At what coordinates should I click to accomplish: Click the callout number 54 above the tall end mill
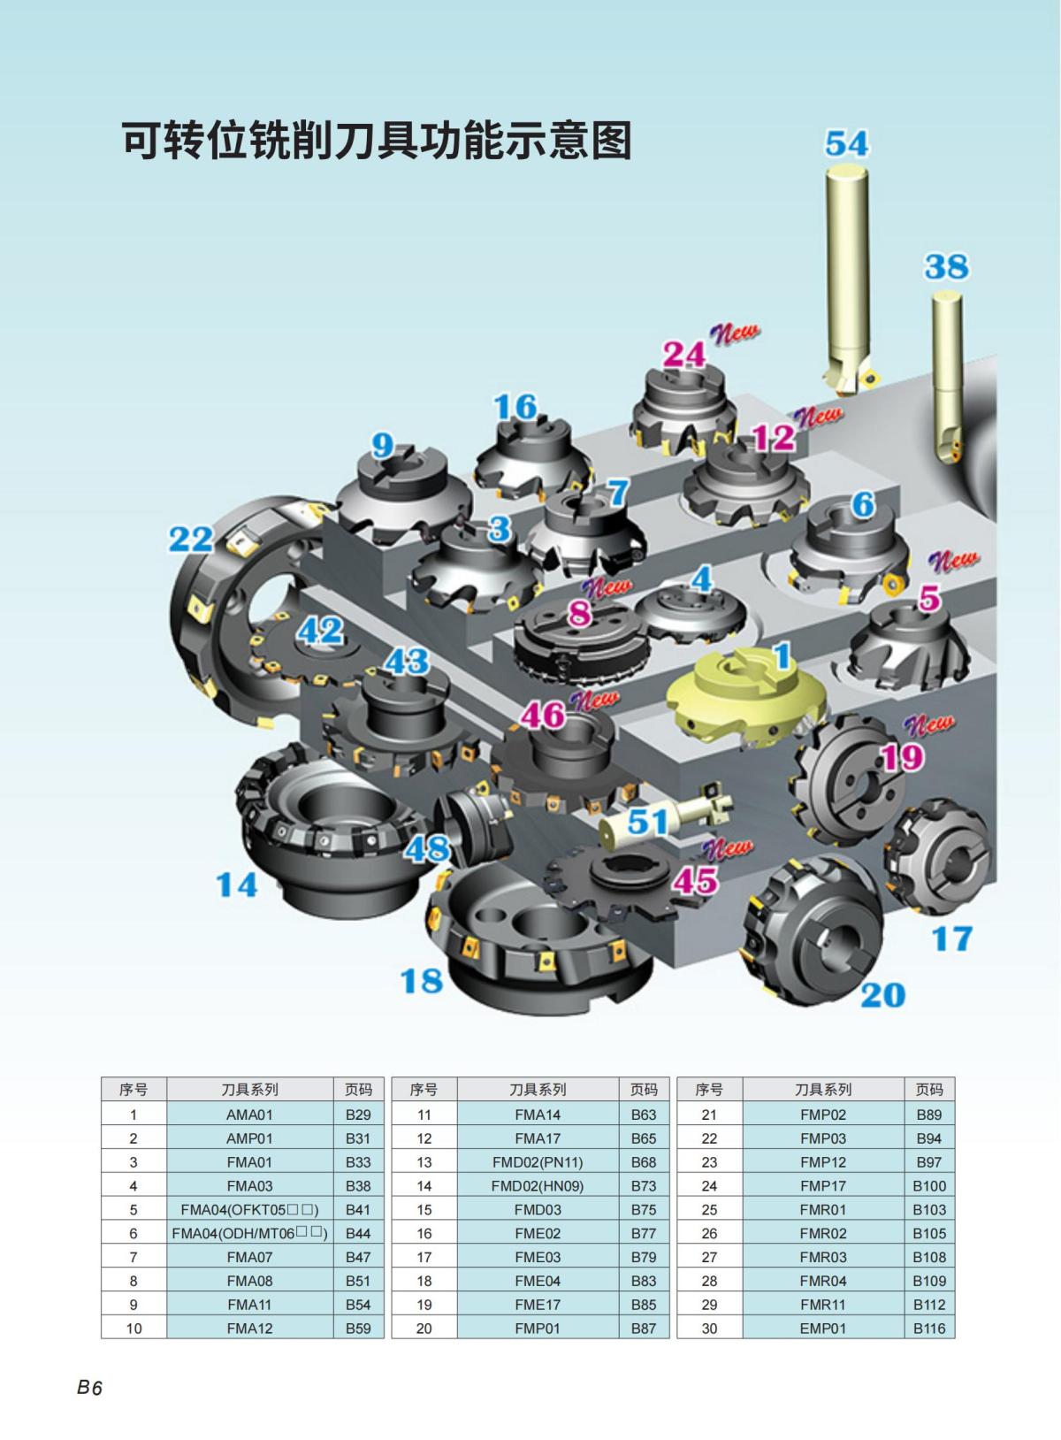(846, 143)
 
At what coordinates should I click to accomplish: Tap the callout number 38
(946, 266)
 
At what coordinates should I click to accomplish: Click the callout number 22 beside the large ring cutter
(191, 539)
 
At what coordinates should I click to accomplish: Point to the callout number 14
(237, 884)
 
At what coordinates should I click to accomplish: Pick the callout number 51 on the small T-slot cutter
(647, 822)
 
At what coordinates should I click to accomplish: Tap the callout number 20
(882, 995)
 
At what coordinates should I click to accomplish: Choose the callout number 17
(951, 938)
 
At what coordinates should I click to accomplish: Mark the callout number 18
(421, 980)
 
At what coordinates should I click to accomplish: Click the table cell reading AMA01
(249, 1115)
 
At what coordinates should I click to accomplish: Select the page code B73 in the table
(644, 1186)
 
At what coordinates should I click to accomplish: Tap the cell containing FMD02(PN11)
(538, 1162)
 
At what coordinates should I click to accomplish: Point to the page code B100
(929, 1186)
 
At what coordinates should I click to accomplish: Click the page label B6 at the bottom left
(89, 1388)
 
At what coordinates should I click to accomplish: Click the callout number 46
(542, 715)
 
